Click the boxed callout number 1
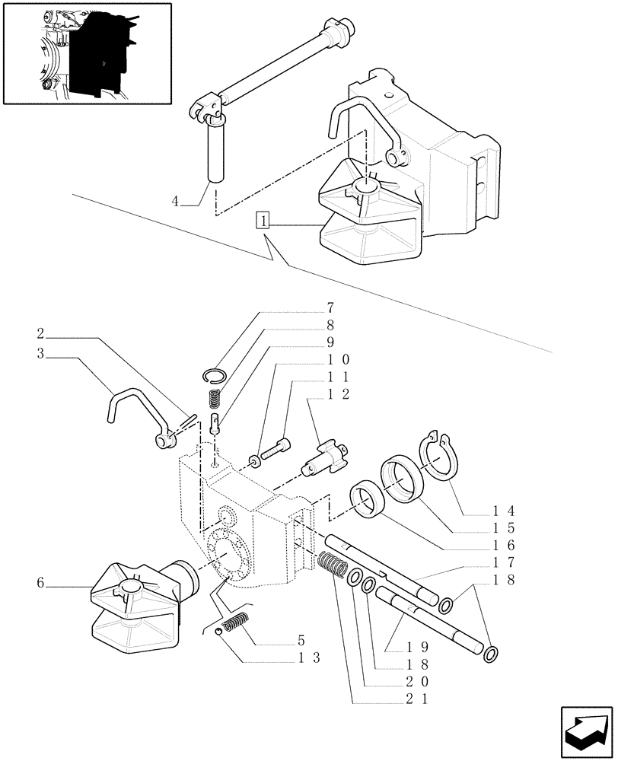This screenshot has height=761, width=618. [x=263, y=222]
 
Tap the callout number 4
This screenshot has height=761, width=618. [x=176, y=202]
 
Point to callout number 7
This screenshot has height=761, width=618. [x=330, y=308]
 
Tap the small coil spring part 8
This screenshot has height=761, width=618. [x=215, y=397]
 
